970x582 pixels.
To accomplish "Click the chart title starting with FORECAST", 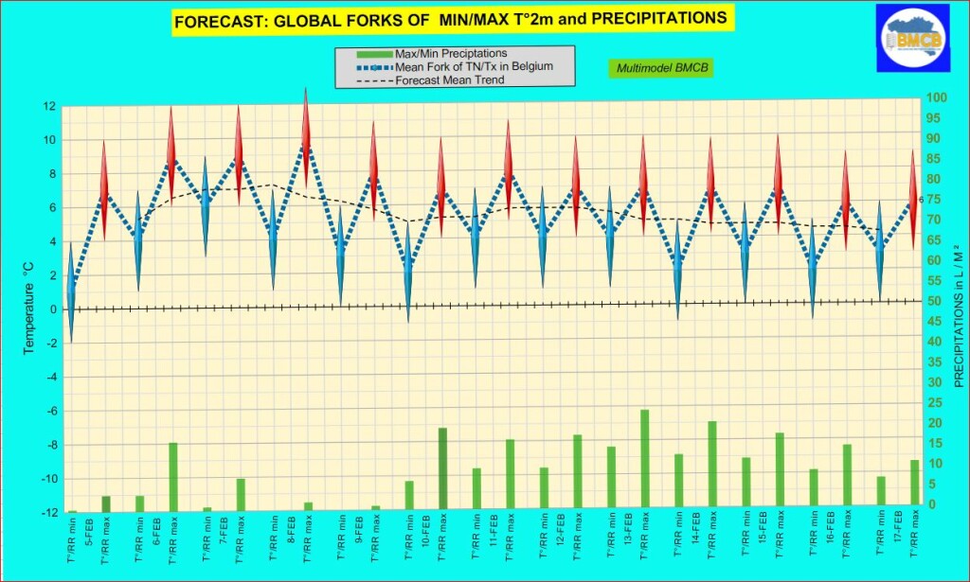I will (451, 18).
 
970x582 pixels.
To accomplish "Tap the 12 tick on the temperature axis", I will (49, 106).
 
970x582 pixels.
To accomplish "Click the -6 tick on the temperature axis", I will (49, 411).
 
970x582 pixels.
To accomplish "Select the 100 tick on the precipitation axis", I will (936, 97).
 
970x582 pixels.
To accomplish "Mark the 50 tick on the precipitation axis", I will (936, 301).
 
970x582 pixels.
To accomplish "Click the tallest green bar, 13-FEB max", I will (644, 460).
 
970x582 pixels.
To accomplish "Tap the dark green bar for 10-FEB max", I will (442, 469).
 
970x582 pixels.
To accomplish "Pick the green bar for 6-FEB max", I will (172, 477).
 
